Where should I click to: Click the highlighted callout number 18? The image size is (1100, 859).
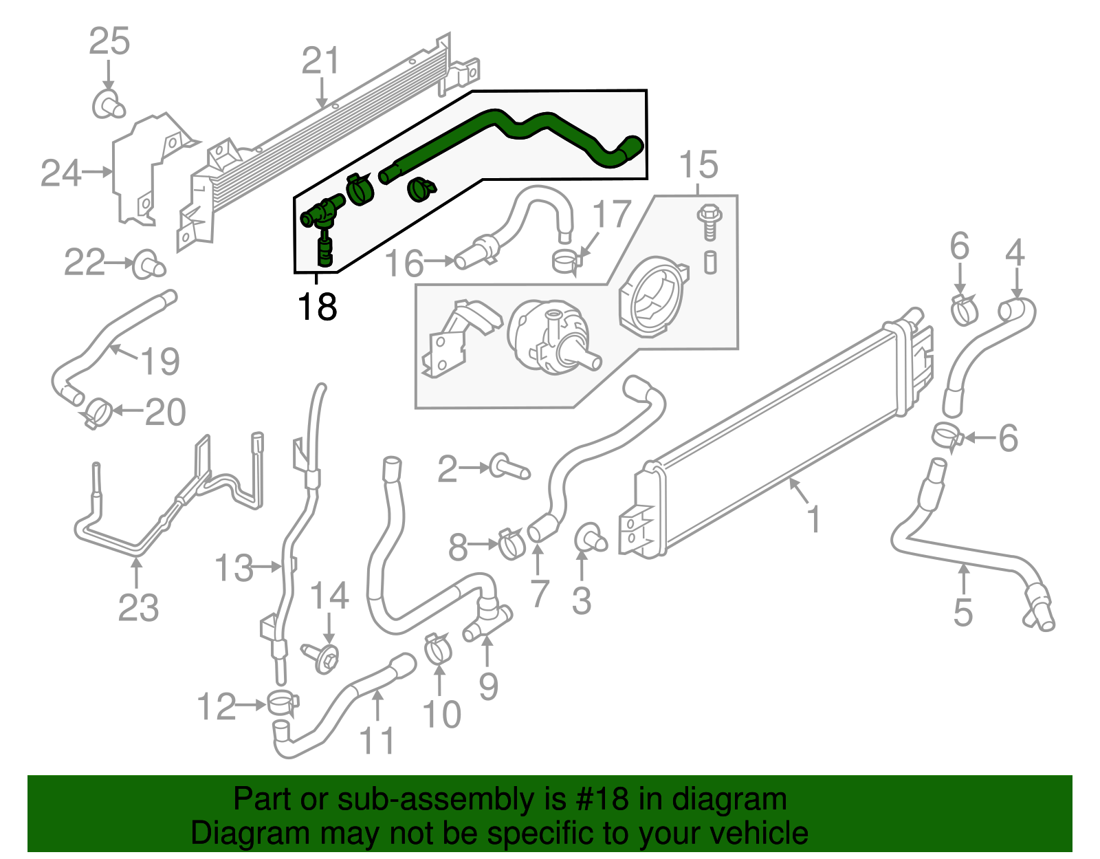coord(317,307)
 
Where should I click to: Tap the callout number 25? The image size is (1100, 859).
coord(109,42)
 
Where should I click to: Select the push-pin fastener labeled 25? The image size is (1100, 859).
coord(109,104)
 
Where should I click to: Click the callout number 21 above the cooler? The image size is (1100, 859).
coord(321,61)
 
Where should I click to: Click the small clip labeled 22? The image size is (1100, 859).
coord(148,265)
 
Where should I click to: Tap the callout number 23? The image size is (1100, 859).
coord(138,608)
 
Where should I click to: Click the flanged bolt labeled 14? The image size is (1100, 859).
coord(324,657)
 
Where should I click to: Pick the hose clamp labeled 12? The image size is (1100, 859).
coord(283,704)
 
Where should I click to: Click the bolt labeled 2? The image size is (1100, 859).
coord(509,467)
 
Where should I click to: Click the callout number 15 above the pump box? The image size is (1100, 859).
coord(698,166)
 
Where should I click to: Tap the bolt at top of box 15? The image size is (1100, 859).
coord(709,221)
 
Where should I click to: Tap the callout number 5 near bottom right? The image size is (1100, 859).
coord(962,611)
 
